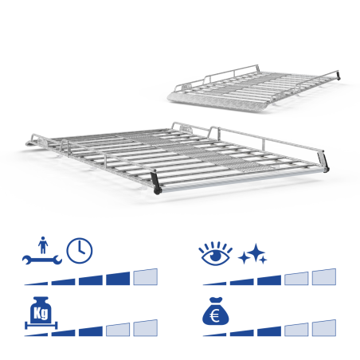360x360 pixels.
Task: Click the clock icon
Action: (80, 251)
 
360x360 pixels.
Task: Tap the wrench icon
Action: (42, 260)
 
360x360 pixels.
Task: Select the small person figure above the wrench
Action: (43, 245)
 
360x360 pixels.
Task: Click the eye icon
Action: (215, 254)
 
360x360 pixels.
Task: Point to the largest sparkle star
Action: (256, 252)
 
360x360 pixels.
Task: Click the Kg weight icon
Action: (41, 312)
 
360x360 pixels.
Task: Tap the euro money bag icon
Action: (215, 311)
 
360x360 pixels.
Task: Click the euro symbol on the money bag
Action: (214, 316)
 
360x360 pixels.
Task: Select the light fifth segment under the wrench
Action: (146, 277)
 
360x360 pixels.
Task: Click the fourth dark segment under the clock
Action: (118, 279)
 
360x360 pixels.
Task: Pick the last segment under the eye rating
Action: (324, 277)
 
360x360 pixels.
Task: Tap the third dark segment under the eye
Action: (269, 280)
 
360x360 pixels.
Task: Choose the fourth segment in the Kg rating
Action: (118, 330)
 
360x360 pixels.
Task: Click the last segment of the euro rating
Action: (324, 328)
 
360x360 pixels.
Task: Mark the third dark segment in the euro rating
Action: (269, 331)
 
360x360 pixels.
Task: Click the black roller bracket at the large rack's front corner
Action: (156, 183)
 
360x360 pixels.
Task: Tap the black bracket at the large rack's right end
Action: (323, 161)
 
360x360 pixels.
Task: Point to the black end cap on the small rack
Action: (338, 75)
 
